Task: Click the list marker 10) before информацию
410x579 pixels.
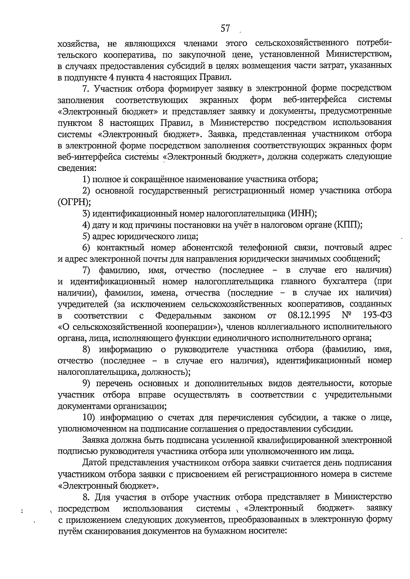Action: click(x=90, y=417)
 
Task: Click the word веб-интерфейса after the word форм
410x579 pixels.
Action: click(x=315, y=100)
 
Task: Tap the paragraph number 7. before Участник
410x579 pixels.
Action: click(x=86, y=88)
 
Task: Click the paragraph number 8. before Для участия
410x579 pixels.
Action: click(x=86, y=496)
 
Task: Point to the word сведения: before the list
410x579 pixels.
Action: click(x=77, y=168)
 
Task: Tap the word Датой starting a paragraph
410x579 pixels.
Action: click(x=95, y=463)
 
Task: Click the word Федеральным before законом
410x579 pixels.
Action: click(x=183, y=315)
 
